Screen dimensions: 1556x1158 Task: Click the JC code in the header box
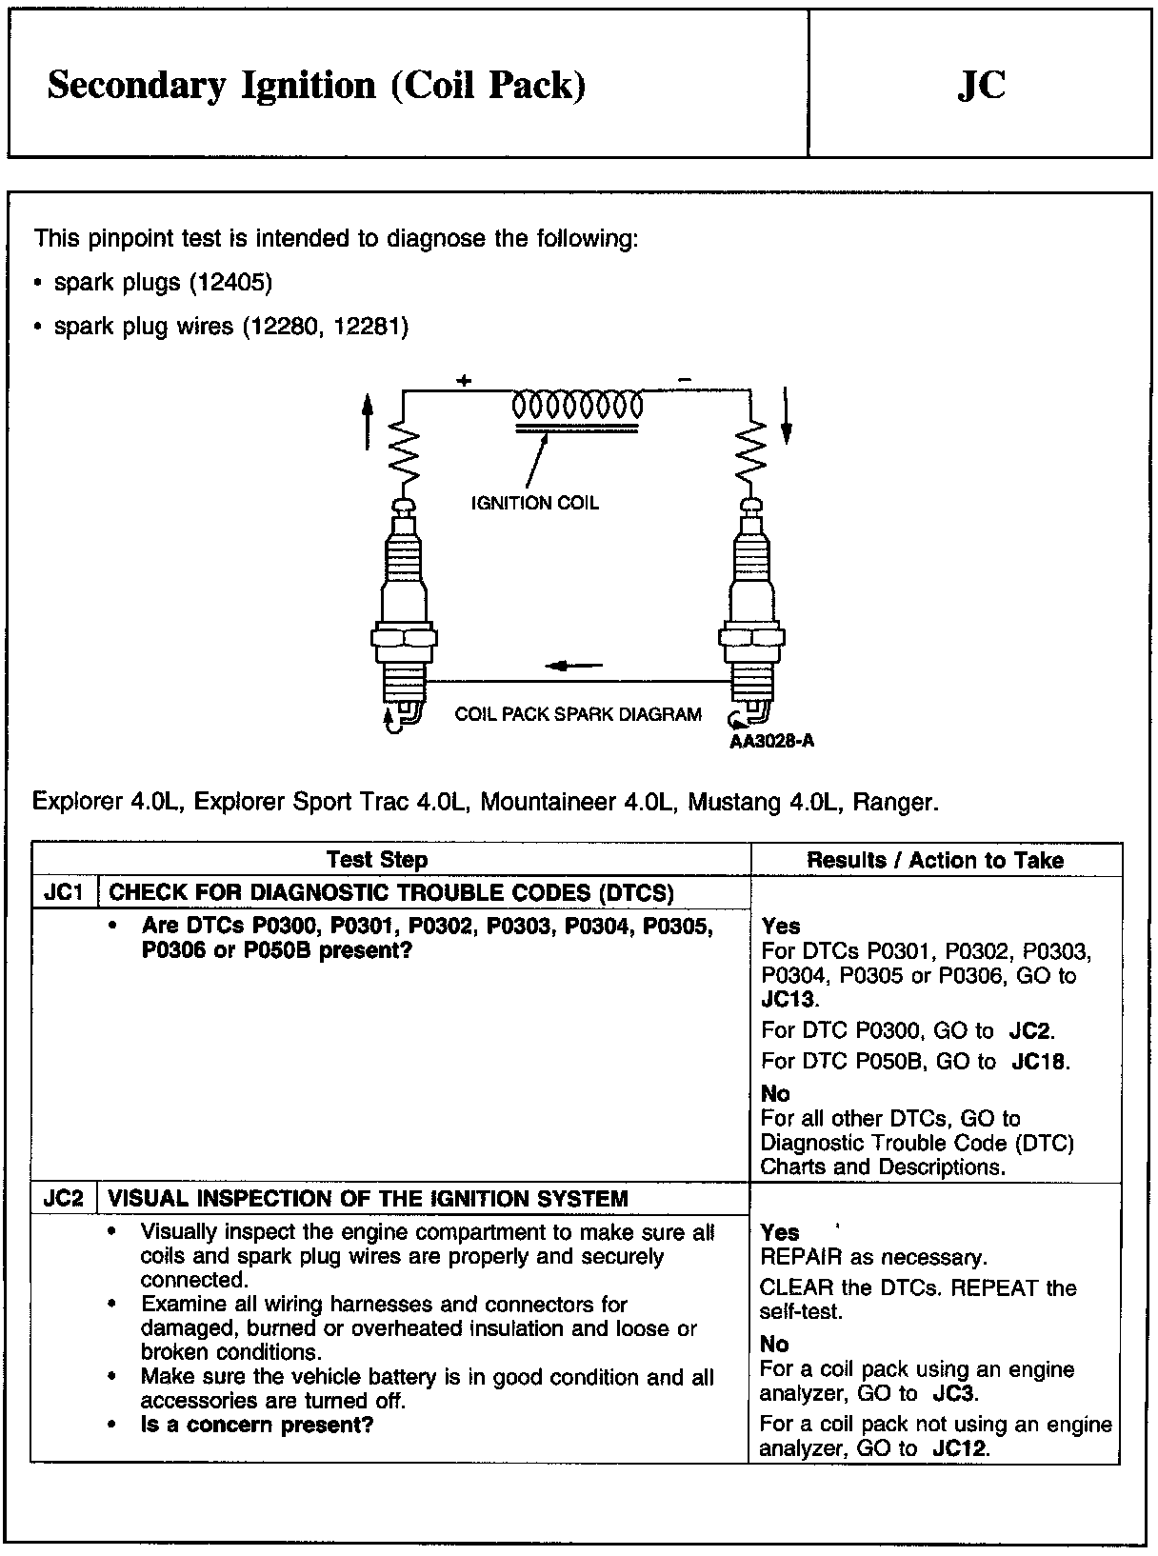point(980,85)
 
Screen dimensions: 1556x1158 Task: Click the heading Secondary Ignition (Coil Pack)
point(316,86)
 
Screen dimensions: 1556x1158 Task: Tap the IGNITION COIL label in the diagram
point(535,503)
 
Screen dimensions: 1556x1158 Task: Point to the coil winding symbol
point(578,407)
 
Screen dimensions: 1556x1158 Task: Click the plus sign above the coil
point(464,381)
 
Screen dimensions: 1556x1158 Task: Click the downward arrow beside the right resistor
point(787,416)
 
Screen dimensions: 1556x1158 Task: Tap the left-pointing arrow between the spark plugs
point(574,666)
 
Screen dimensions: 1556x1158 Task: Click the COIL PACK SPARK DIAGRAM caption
point(578,714)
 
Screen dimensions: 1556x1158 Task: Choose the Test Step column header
point(377,860)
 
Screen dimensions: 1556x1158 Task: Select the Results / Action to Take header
point(935,860)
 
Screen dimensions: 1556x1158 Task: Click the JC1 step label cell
point(65,892)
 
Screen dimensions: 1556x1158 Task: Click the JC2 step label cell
point(65,1198)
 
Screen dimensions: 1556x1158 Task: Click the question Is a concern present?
point(257,1425)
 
